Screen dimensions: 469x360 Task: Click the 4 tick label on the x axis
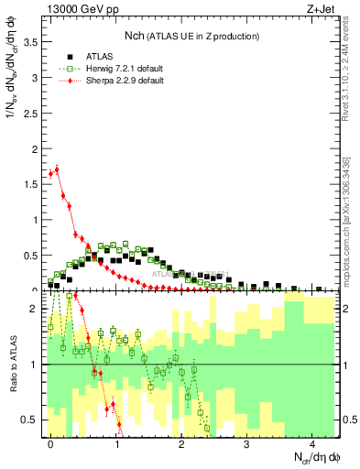tap(312, 442)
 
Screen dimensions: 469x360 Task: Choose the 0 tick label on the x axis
tap(51, 442)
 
